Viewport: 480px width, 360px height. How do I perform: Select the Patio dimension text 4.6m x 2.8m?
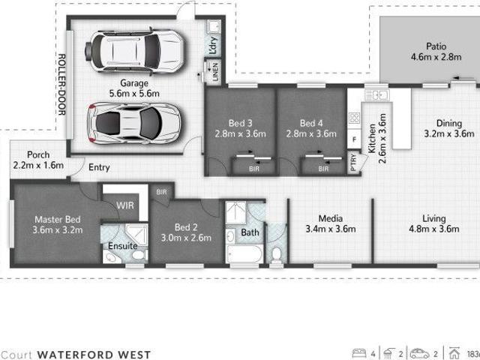[x=436, y=57]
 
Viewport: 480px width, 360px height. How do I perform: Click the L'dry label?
[x=213, y=45]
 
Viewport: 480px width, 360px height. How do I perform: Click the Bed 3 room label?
[x=240, y=123]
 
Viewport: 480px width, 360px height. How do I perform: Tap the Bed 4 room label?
[x=311, y=123]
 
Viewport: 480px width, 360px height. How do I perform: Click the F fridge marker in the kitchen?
[x=354, y=140]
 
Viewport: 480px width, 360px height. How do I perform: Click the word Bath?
[x=250, y=232]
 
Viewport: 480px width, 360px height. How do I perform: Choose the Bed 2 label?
[x=187, y=227]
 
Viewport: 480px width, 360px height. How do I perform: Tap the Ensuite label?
[x=121, y=245]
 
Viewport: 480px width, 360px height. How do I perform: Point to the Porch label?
[x=37, y=154]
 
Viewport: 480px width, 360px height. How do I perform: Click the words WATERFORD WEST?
[x=94, y=355]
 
